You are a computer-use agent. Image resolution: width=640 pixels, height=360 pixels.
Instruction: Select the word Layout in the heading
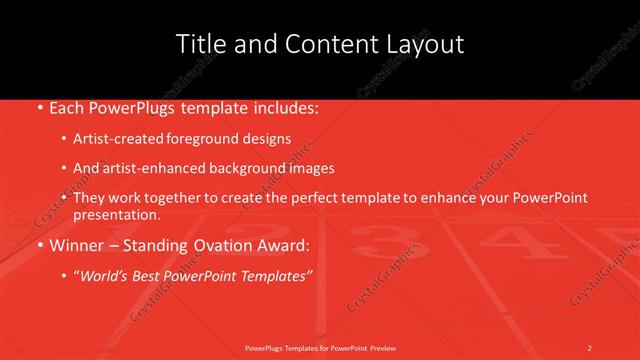(x=424, y=44)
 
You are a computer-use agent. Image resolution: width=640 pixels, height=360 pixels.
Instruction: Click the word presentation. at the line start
(x=116, y=214)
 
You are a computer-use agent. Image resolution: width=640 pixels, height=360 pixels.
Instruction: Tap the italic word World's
(x=109, y=274)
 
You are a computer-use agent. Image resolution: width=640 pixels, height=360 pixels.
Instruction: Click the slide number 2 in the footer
(x=590, y=347)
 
